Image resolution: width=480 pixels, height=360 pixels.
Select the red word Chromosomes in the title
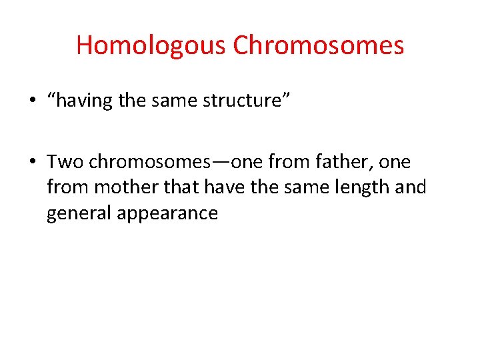click(319, 45)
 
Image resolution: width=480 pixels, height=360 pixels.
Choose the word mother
click(127, 188)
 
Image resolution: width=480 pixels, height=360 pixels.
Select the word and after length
click(411, 187)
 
